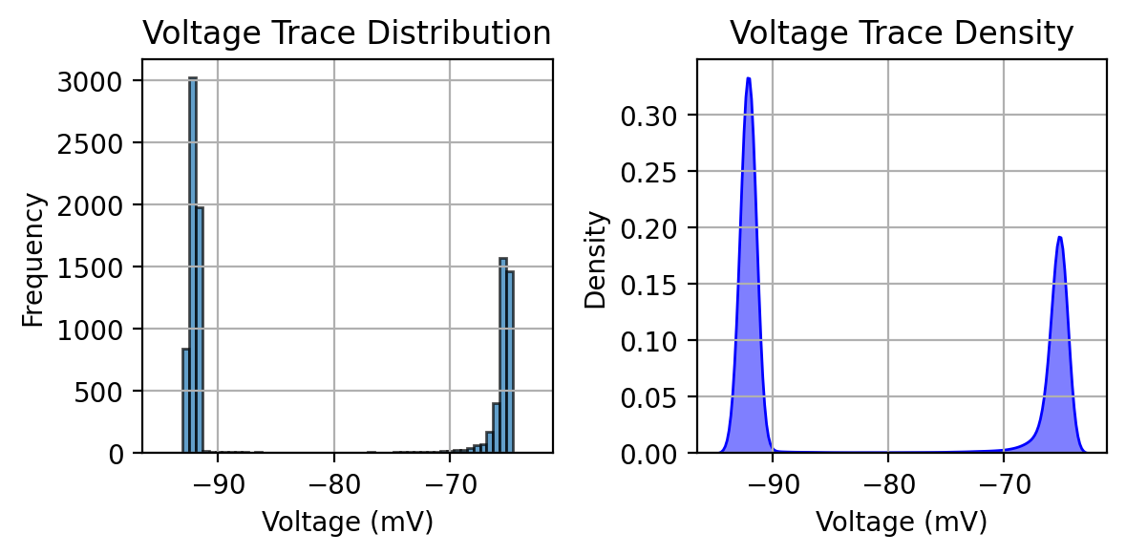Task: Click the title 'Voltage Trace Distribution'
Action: coord(347,33)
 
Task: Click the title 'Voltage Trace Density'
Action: coord(902,33)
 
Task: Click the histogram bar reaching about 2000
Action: coord(200,330)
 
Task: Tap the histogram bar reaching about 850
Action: coord(185,400)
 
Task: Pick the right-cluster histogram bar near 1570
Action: coord(503,354)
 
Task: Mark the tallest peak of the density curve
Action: coord(748,79)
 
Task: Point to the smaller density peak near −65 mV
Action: coord(1059,238)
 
